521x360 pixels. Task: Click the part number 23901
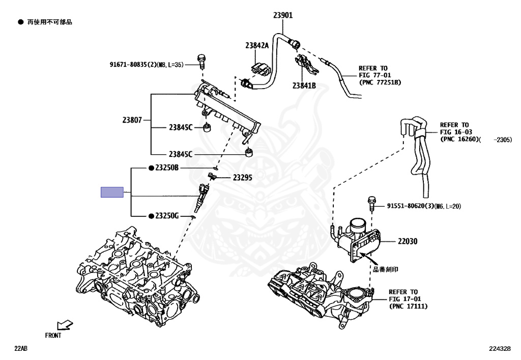click(283, 15)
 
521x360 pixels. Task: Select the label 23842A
click(256, 46)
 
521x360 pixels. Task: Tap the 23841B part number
click(304, 86)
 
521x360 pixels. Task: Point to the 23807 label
click(132, 121)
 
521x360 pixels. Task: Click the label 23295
click(243, 178)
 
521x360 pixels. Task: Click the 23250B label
click(167, 168)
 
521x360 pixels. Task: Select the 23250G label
click(167, 216)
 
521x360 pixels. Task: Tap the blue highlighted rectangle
click(112, 192)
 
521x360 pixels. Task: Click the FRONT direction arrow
click(65, 324)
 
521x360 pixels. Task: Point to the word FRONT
click(53, 336)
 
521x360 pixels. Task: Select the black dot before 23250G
click(151, 216)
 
